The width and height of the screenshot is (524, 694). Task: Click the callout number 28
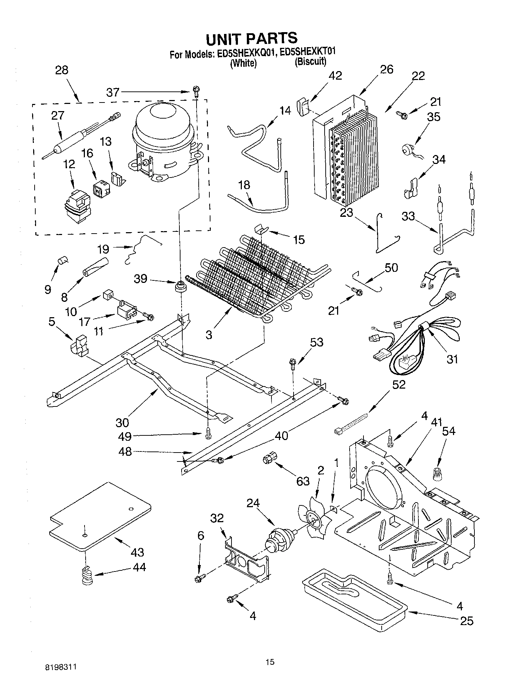[61, 70]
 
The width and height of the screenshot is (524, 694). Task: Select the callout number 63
[303, 481]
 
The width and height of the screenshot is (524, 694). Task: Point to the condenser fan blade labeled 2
[315, 521]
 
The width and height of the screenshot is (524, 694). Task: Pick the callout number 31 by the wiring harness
[452, 359]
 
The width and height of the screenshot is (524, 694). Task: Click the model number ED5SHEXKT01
[307, 52]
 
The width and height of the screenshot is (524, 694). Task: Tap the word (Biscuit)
[310, 61]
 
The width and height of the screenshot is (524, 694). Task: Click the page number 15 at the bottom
[270, 662]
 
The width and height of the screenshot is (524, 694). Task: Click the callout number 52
[399, 384]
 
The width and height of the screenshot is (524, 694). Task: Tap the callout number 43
[137, 552]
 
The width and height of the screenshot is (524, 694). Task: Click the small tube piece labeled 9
[63, 260]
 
